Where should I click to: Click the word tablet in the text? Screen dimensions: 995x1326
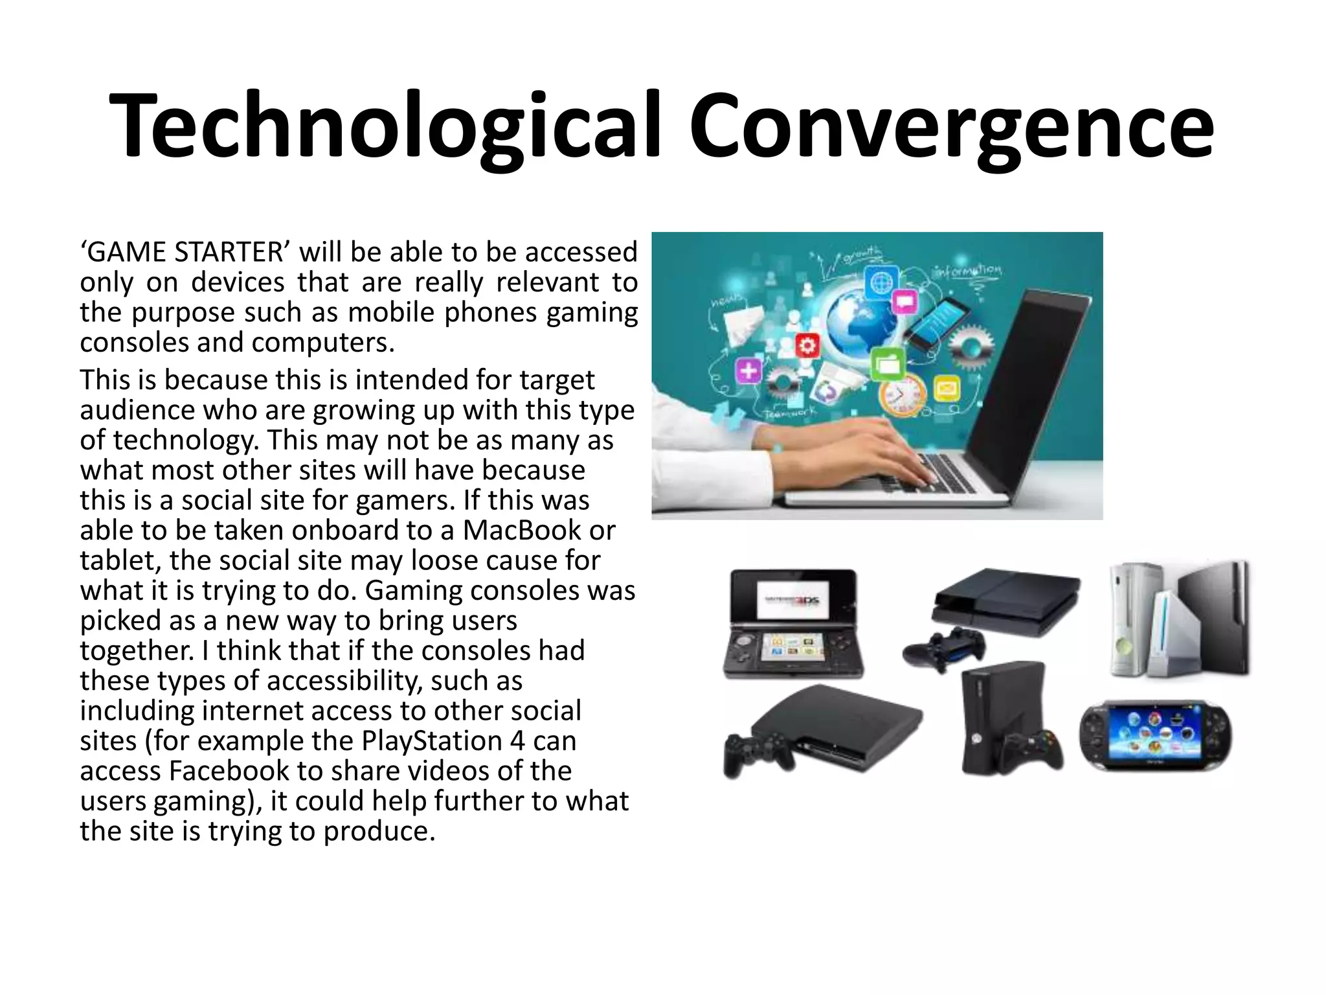click(x=120, y=560)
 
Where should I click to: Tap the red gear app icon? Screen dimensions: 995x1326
click(x=807, y=345)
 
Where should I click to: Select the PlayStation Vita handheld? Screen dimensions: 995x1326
click(x=1155, y=737)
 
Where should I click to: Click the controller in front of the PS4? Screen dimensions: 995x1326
click(x=944, y=648)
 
